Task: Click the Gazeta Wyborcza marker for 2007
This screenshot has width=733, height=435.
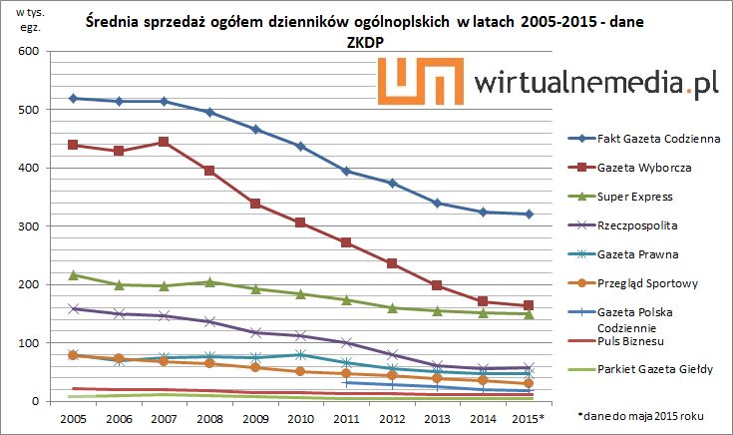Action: [x=165, y=142]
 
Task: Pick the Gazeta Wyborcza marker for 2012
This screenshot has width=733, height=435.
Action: [x=392, y=263]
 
